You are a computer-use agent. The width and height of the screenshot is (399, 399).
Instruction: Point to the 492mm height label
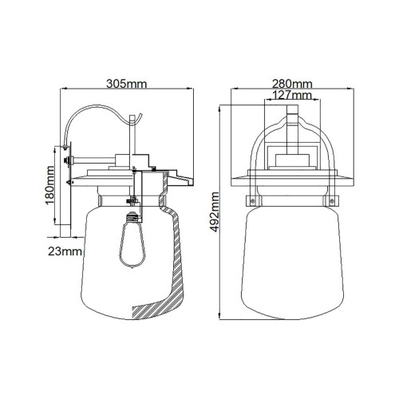(x=215, y=211)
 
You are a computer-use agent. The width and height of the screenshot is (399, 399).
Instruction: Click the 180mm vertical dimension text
(x=49, y=190)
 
